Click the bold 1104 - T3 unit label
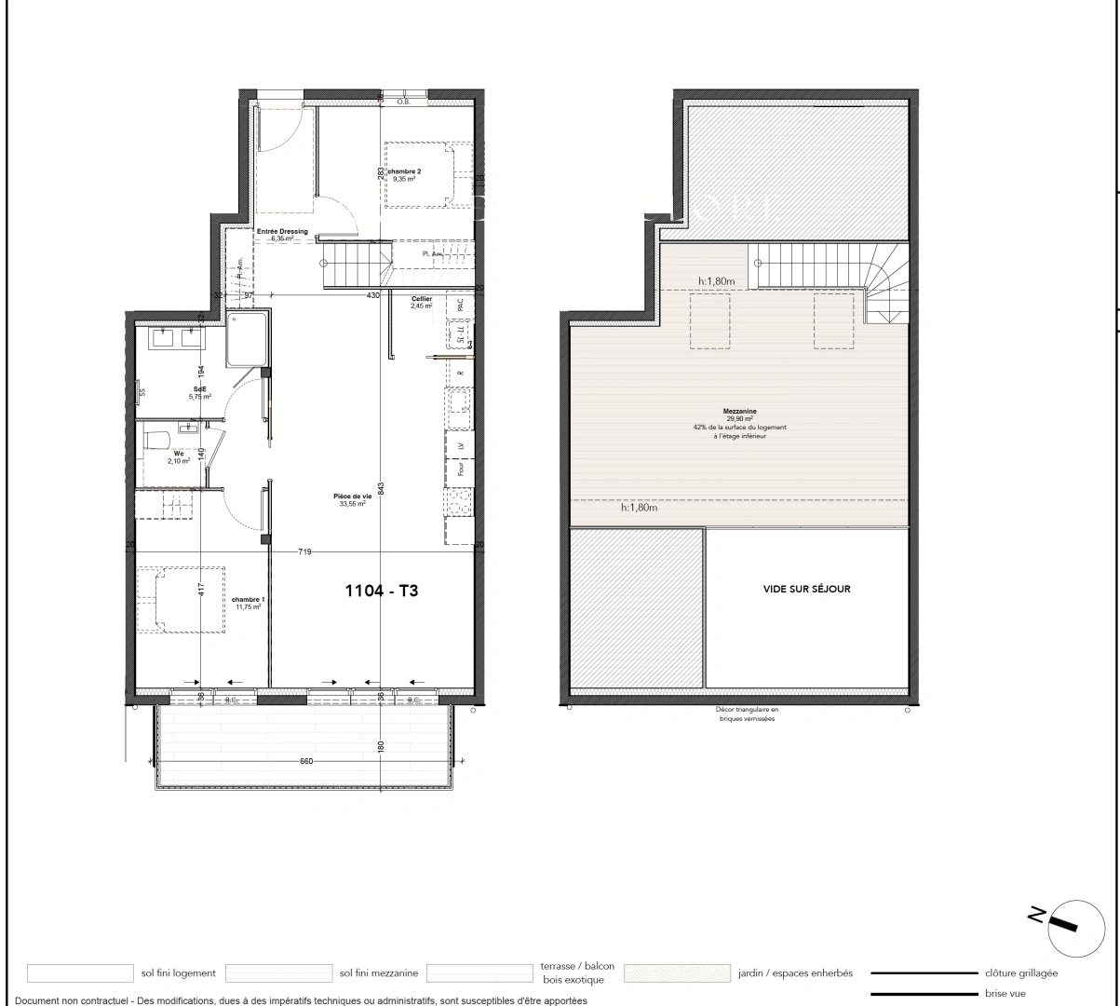[382, 590]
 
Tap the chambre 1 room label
[249, 600]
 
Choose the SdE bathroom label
[200, 389]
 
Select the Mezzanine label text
[738, 411]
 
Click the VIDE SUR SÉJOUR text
[806, 589]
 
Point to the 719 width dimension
[304, 552]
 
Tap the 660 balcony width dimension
[306, 762]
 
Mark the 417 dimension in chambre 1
[200, 589]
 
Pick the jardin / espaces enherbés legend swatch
[677, 973]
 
